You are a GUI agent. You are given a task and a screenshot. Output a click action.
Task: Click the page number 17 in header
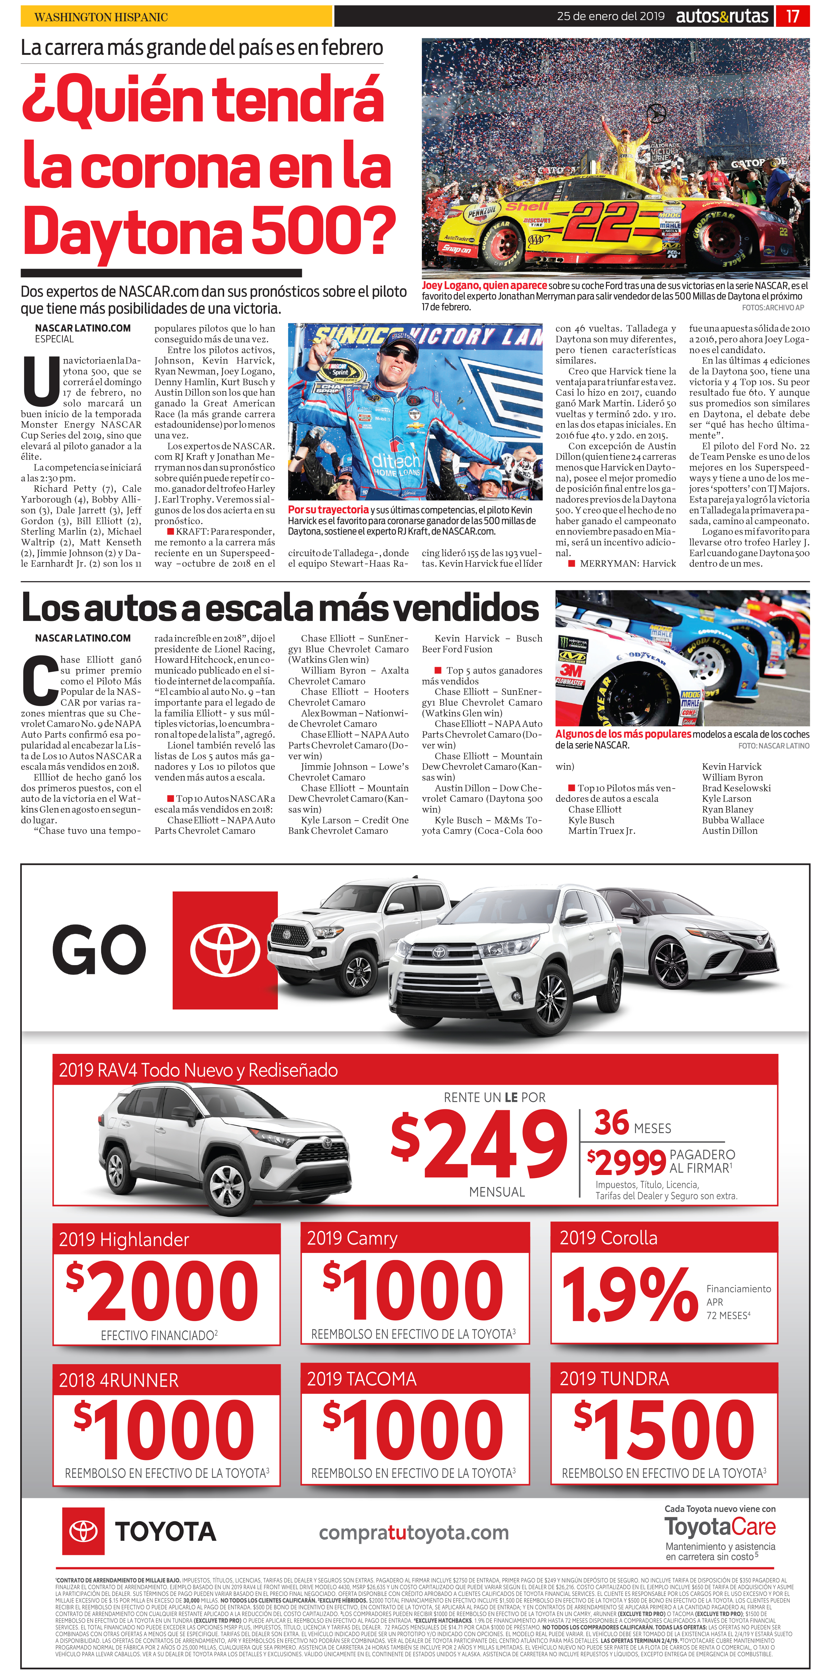pyautogui.click(x=792, y=16)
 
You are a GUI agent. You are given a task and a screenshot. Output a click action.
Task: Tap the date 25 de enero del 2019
pyautogui.click(x=610, y=16)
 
